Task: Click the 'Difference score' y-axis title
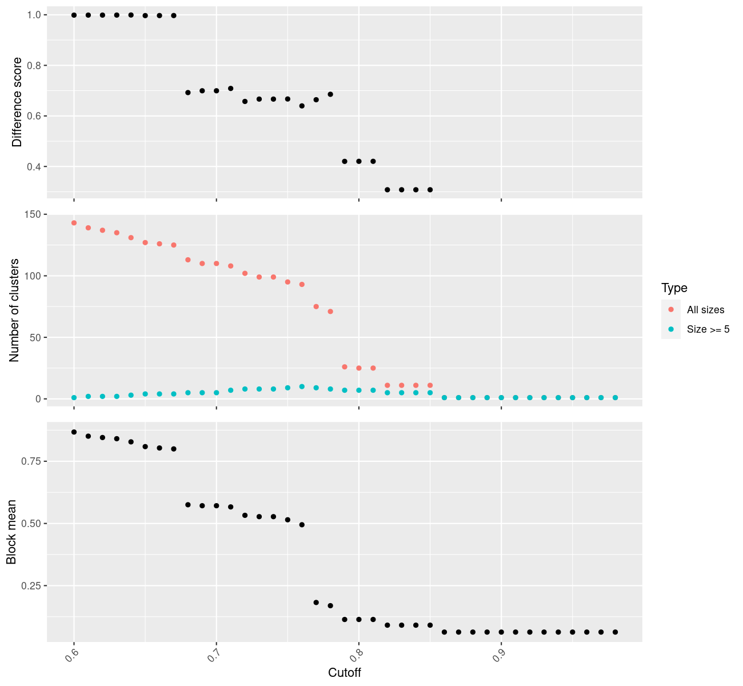[x=18, y=102]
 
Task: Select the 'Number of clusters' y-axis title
[x=15, y=310]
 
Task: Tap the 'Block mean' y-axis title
[x=11, y=532]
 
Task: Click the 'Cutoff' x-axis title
[x=345, y=673]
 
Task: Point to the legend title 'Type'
[x=674, y=288]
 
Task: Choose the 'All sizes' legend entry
[x=705, y=310]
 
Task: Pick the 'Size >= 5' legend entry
[x=708, y=329]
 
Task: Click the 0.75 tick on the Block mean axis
[x=34, y=461]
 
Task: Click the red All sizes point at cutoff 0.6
[x=74, y=223]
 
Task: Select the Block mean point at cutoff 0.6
[x=74, y=432]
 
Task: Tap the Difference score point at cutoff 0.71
[x=231, y=89]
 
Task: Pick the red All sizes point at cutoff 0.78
[x=330, y=312]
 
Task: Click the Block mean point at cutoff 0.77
[x=316, y=603]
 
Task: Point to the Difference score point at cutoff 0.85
[x=430, y=190]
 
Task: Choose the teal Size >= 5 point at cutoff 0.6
[x=74, y=397]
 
